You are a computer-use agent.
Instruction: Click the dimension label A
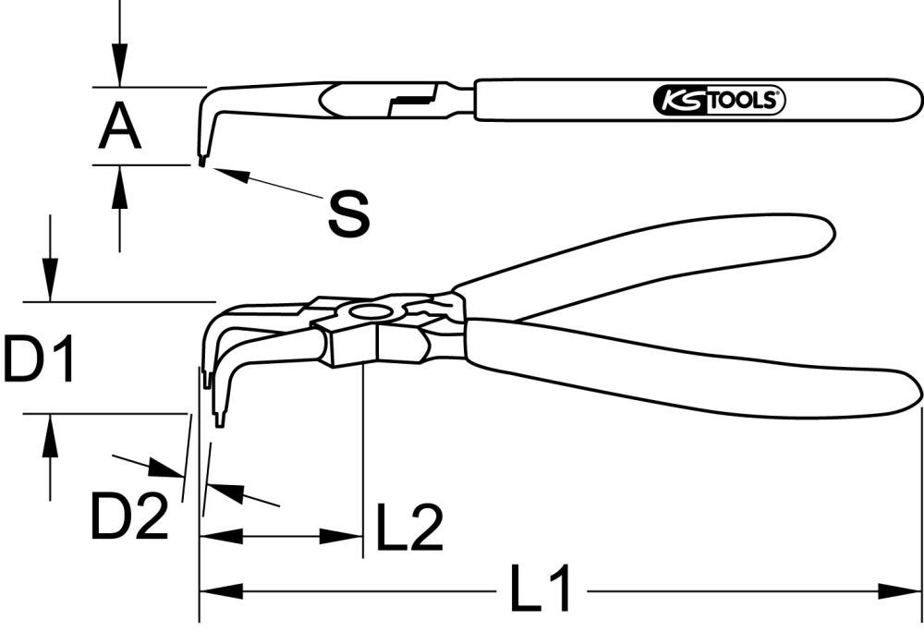(x=120, y=128)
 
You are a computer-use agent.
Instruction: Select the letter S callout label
(x=348, y=213)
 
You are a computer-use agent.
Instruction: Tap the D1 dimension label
(x=38, y=360)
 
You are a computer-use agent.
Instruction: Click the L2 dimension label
(x=407, y=528)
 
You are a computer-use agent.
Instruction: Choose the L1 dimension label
(x=542, y=591)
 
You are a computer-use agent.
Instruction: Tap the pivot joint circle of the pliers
(x=371, y=312)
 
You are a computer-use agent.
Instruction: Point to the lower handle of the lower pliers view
(x=693, y=370)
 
